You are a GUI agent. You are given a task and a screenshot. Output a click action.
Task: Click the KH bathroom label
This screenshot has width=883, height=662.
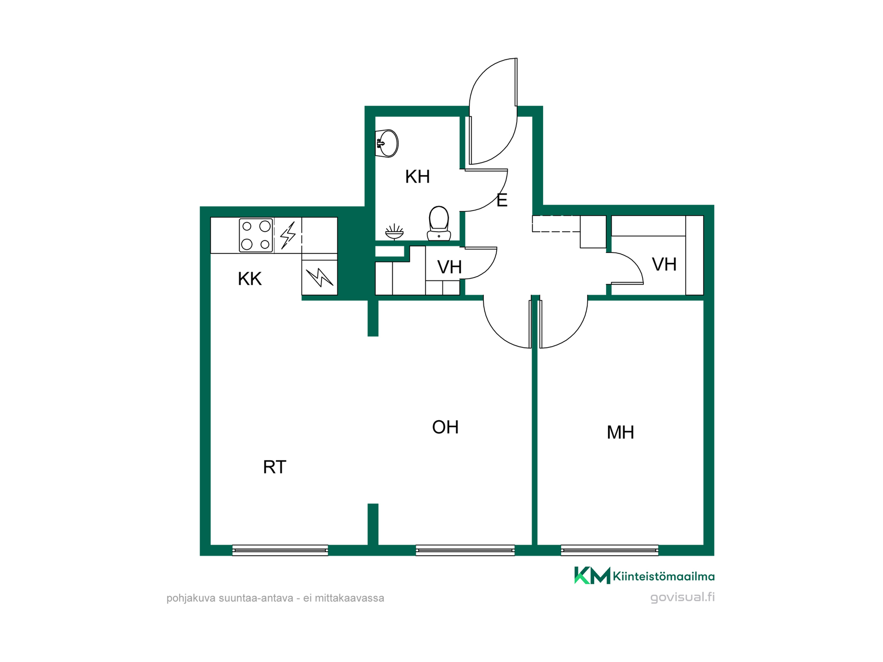[x=417, y=177]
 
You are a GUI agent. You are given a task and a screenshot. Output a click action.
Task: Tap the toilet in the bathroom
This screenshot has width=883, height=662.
[x=439, y=223]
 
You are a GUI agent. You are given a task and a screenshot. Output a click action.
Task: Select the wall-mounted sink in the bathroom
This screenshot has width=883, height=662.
[x=386, y=143]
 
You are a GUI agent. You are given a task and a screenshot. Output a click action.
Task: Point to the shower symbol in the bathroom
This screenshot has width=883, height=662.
[x=394, y=232]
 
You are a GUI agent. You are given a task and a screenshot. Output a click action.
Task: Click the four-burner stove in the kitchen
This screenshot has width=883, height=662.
[x=256, y=235]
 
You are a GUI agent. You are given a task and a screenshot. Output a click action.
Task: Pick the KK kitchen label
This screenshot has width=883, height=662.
[x=250, y=279]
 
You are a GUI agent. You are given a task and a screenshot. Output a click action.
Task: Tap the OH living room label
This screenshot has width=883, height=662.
[x=445, y=428]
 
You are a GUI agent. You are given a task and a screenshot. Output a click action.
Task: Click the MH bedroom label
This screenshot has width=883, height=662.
[x=620, y=433]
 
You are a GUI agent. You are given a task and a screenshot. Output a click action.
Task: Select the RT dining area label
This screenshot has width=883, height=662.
[x=275, y=467]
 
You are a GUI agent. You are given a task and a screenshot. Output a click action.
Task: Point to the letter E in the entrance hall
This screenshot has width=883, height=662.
[x=502, y=200]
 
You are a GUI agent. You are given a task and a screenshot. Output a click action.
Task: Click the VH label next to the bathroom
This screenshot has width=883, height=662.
[x=449, y=267]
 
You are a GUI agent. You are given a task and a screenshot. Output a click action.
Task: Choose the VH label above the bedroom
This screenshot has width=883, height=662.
[x=664, y=264]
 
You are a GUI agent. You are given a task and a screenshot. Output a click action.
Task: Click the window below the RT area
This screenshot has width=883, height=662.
[x=280, y=550]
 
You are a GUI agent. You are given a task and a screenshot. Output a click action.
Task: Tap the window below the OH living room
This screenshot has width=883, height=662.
[x=465, y=550]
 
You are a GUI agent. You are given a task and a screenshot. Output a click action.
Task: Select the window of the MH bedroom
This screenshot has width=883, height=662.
[x=609, y=550]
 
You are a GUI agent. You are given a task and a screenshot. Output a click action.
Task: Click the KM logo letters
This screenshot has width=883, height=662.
[x=592, y=576]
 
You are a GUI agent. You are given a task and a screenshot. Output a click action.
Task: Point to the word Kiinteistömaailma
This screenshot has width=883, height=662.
[x=664, y=576]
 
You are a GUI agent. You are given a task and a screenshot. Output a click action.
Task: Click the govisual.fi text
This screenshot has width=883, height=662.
[x=682, y=597]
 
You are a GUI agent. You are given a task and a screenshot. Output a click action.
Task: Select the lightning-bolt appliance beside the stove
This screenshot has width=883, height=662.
[x=288, y=235]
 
